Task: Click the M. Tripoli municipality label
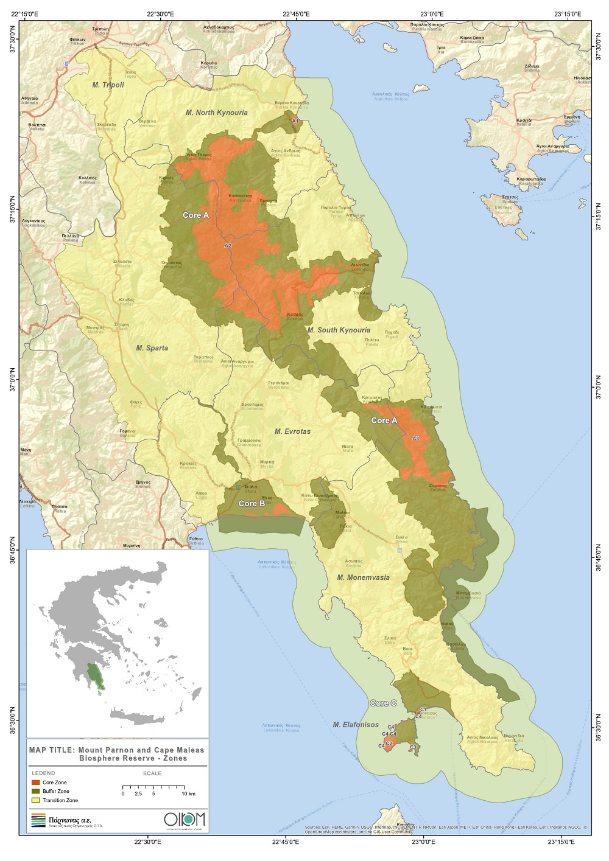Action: [x=108, y=85]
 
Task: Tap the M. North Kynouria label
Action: [x=217, y=113]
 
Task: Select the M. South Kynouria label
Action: [x=339, y=330]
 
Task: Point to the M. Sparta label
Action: [x=152, y=349]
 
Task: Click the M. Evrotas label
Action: [x=292, y=432]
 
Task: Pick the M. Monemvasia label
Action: [x=364, y=577]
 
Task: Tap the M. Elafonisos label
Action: [x=356, y=725]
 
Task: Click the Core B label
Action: [x=252, y=504]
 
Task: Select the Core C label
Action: [x=383, y=703]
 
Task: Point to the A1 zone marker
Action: [x=295, y=122]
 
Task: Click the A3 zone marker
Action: [x=416, y=439]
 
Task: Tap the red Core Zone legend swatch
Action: [x=36, y=783]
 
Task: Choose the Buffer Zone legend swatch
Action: [x=36, y=792]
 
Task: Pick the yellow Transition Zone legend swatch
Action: [x=36, y=800]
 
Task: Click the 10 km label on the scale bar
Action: [x=188, y=794]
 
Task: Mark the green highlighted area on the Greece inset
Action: [x=95, y=676]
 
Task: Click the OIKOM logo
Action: [x=185, y=819]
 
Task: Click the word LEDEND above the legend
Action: [x=43, y=773]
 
